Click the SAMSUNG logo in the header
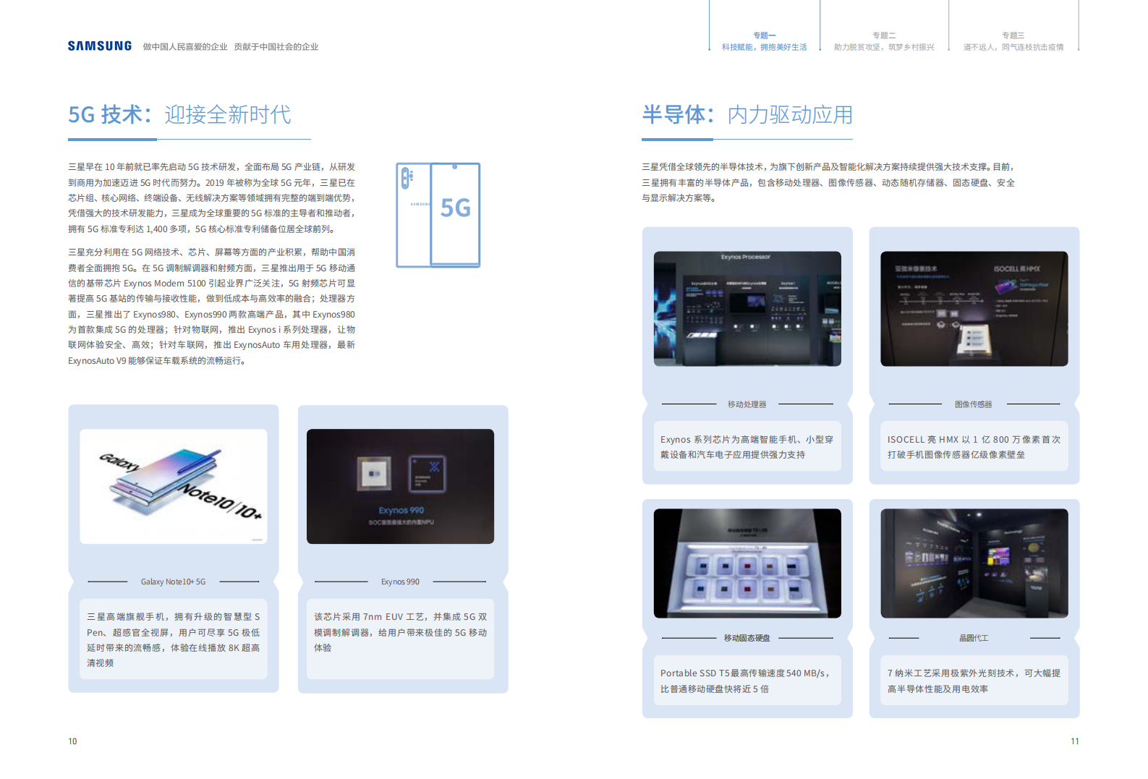tap(100, 46)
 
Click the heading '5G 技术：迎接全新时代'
tap(179, 115)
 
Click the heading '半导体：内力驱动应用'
tap(747, 115)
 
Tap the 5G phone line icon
tap(438, 215)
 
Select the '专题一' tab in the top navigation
tap(764, 41)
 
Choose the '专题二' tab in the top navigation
tap(884, 41)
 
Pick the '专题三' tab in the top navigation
tap(1013, 41)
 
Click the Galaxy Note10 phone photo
tap(174, 486)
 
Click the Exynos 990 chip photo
tap(400, 486)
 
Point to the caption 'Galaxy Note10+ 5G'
tap(173, 582)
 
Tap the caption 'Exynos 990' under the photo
tap(400, 582)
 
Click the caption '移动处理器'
tap(747, 404)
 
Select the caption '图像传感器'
tap(973, 404)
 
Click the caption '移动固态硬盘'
tap(747, 638)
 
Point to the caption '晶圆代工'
tap(973, 638)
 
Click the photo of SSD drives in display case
tap(747, 563)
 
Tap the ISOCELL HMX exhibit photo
tap(974, 309)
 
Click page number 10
tap(72, 741)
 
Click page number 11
tap(1074, 741)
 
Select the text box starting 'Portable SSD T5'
tap(747, 681)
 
